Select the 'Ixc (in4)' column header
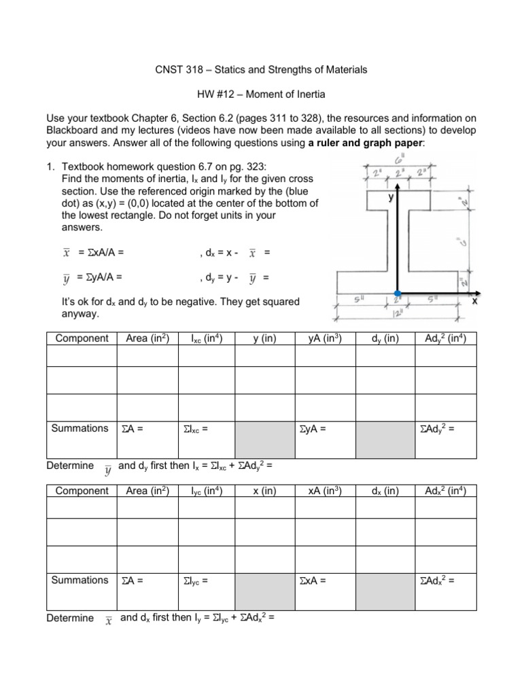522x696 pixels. (x=204, y=338)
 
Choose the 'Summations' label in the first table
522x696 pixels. (x=80, y=428)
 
